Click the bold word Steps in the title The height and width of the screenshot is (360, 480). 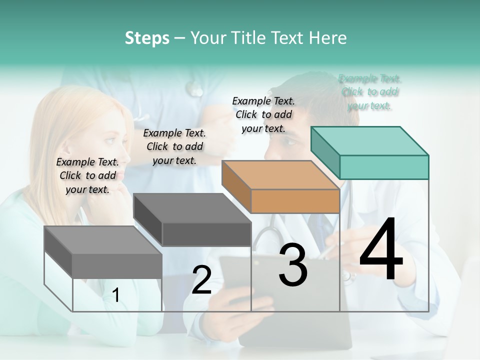pyautogui.click(x=147, y=38)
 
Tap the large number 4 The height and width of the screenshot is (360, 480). pyautogui.click(x=381, y=250)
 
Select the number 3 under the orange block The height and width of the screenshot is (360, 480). pyautogui.click(x=293, y=265)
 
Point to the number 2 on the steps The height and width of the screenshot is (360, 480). pyautogui.click(x=201, y=280)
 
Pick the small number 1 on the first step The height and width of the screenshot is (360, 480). pyautogui.click(x=116, y=295)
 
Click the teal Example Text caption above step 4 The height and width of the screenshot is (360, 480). pyautogui.click(x=370, y=92)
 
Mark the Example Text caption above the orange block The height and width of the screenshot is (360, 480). pyautogui.click(x=263, y=114)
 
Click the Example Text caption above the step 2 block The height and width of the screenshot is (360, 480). pyautogui.click(x=174, y=146)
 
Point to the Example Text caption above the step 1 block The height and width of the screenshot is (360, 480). pyautogui.click(x=87, y=175)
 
